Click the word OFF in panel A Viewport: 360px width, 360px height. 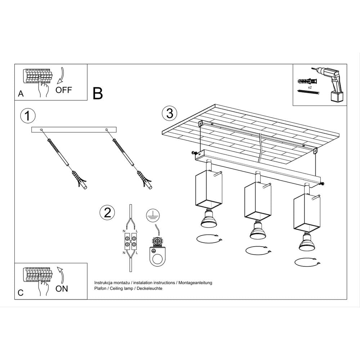pos(64,90)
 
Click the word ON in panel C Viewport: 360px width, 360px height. pos(62,288)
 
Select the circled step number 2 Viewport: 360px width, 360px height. pos(107,212)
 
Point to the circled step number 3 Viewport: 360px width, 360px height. pos(170,113)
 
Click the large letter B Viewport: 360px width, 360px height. pos(98,93)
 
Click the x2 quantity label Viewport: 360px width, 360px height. pos(310,87)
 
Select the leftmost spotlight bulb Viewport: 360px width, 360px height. pos(208,220)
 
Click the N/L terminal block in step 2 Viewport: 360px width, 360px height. pos(130,241)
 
